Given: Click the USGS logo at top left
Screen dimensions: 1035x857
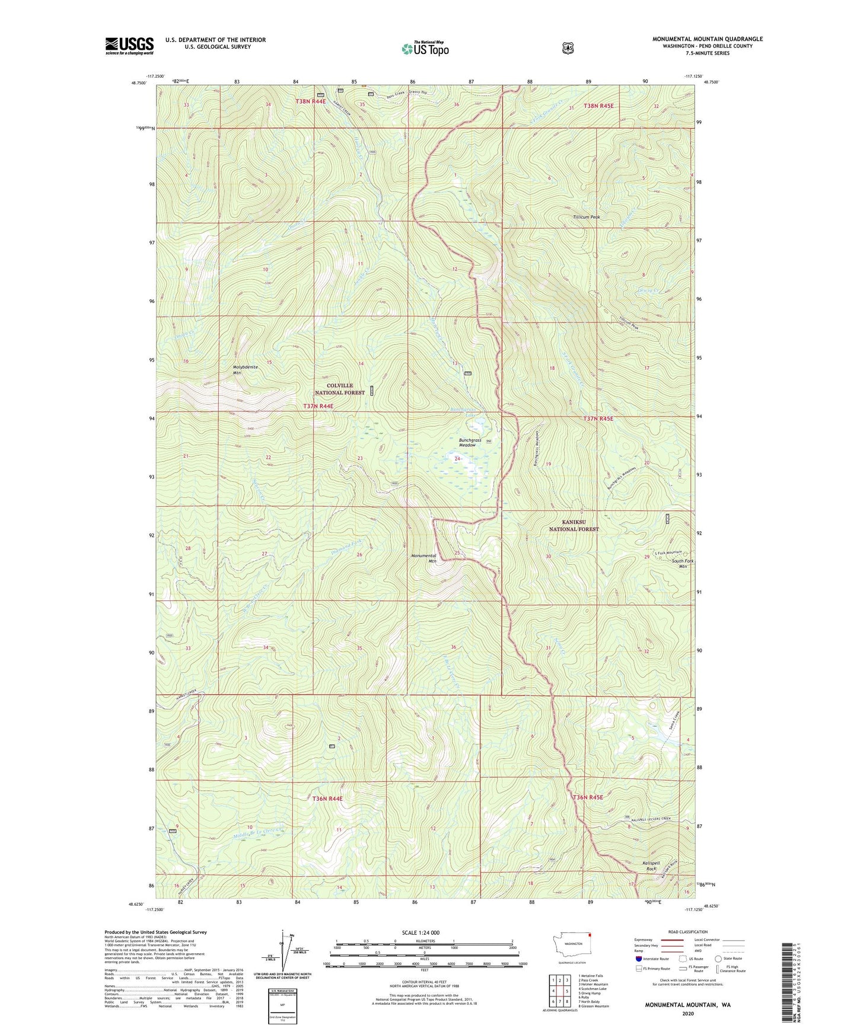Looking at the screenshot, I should pyautogui.click(x=129, y=46).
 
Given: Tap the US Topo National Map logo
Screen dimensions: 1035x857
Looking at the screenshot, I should pyautogui.click(x=425, y=48).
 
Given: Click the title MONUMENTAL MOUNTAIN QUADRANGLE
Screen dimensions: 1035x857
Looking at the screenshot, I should pyautogui.click(x=707, y=39).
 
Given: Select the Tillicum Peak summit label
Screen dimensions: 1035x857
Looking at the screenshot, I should pyautogui.click(x=586, y=217).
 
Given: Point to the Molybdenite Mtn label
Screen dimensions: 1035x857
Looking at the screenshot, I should pyautogui.click(x=245, y=370).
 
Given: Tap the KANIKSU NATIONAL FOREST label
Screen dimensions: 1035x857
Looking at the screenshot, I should pyautogui.click(x=574, y=525).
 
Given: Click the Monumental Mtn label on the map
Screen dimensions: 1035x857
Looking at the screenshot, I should pyautogui.click(x=424, y=558).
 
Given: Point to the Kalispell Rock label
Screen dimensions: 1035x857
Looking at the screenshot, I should pyautogui.click(x=651, y=866).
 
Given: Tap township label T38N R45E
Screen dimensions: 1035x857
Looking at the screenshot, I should pyautogui.click(x=598, y=106).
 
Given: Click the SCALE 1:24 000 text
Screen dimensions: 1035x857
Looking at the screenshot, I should pyautogui.click(x=420, y=933).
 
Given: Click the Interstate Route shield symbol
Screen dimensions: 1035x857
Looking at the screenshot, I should pyautogui.click(x=638, y=959).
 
